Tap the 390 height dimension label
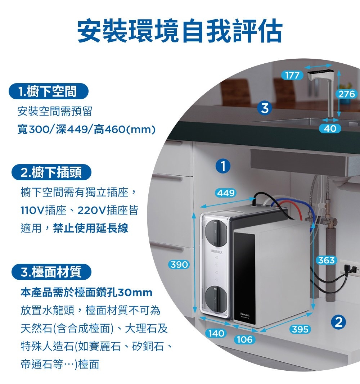pyautogui.click(x=179, y=265)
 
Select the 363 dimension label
pyautogui.click(x=327, y=260)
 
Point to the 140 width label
pyautogui.click(x=216, y=333)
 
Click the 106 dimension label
pyautogui.click(x=244, y=339)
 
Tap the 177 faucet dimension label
pyautogui.click(x=292, y=75)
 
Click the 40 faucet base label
pyautogui.click(x=330, y=128)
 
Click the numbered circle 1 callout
pyautogui.click(x=224, y=166)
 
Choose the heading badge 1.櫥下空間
pyautogui.click(x=49, y=92)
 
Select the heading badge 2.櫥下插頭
pyautogui.click(x=51, y=173)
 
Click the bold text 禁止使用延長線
pyautogui.click(x=90, y=228)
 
